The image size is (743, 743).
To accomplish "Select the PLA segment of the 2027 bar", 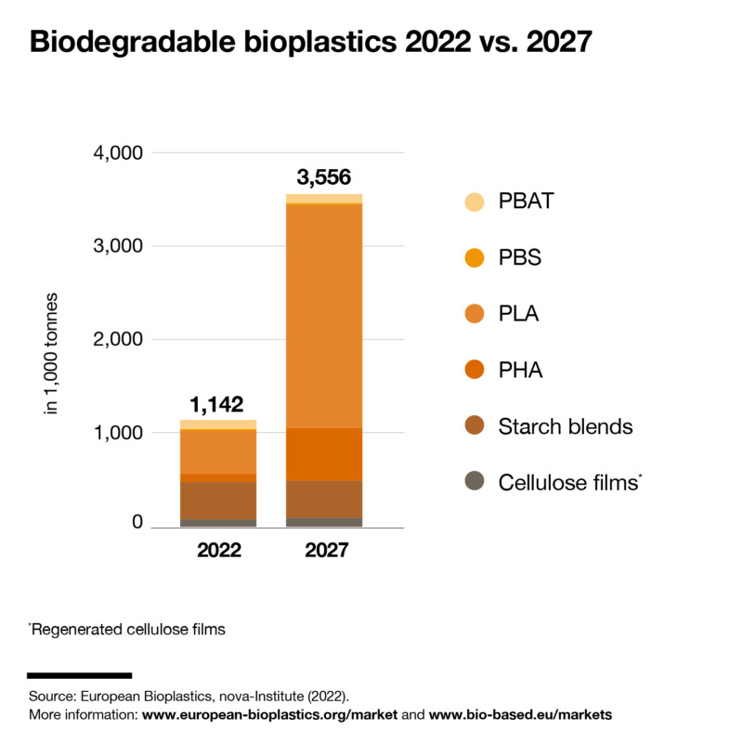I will click(323, 316).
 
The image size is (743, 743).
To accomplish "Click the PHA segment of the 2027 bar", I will click(323, 454).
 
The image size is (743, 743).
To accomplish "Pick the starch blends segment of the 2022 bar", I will click(218, 501).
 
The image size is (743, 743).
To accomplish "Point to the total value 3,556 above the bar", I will click(323, 177).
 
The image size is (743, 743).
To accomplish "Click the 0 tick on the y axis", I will click(137, 523).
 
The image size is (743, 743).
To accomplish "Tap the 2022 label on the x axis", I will click(218, 550).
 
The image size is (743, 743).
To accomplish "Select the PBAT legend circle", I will click(475, 202).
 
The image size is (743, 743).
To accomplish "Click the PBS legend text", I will click(520, 257).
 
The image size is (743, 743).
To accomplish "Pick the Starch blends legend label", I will click(565, 426).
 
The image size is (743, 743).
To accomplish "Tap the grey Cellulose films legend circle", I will click(475, 482).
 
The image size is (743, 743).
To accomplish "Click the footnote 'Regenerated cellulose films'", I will click(127, 630).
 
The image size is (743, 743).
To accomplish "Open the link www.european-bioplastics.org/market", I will click(269, 715).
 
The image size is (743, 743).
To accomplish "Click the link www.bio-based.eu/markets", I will click(520, 715).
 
